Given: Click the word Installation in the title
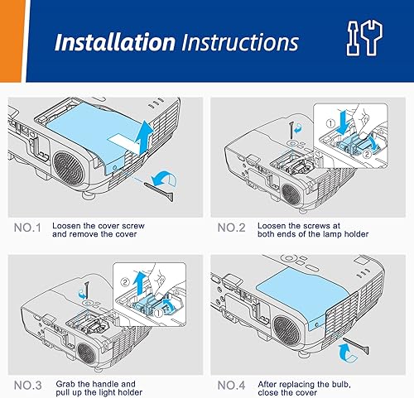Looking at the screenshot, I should coord(114,42).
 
